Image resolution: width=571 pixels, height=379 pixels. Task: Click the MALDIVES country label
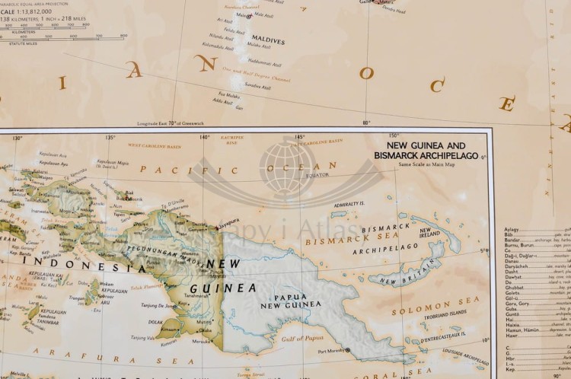coord(267,40)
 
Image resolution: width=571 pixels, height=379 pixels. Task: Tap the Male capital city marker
coord(248,16)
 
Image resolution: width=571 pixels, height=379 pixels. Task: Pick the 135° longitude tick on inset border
coord(110,138)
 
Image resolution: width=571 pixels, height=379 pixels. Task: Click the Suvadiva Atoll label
coord(257,86)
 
